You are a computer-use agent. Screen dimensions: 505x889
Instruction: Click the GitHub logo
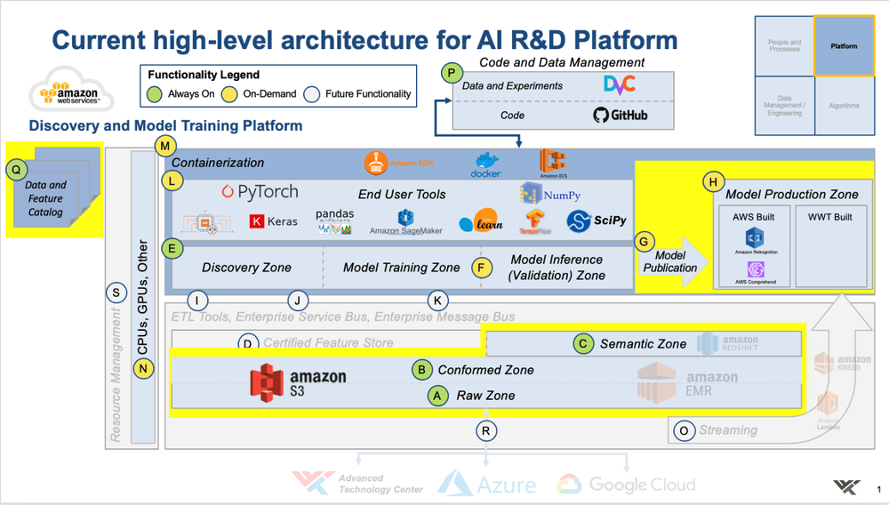coord(620,115)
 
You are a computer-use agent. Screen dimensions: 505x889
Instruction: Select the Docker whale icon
coord(485,164)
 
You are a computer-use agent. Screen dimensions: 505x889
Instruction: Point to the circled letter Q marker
coord(16,167)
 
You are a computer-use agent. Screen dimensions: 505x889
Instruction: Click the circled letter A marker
coord(436,396)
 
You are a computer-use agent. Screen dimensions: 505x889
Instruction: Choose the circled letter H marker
coord(711,181)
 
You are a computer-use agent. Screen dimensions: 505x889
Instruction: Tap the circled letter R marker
coord(485,430)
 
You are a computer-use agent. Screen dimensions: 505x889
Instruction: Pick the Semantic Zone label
coord(643,343)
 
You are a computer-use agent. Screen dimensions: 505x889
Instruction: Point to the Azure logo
coord(486,484)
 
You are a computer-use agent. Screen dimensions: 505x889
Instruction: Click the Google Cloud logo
coord(626,484)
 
